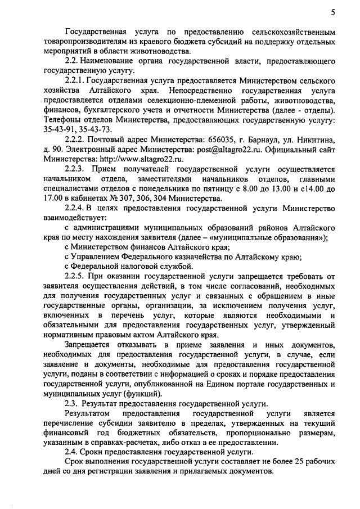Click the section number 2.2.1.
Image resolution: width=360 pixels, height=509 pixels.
coord(75,80)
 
